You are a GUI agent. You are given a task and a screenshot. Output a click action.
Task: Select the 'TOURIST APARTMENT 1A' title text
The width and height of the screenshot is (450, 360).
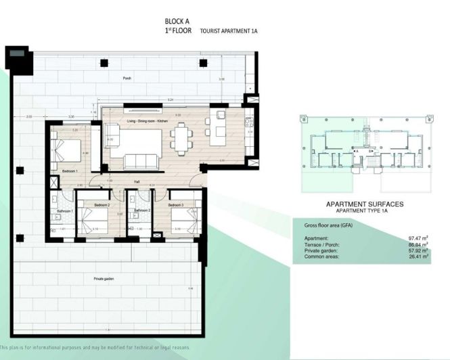pos(229,31)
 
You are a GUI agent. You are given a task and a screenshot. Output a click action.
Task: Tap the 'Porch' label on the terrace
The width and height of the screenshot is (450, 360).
pos(127,78)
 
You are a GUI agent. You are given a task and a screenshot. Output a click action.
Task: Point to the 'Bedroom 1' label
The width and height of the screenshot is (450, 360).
pos(69,172)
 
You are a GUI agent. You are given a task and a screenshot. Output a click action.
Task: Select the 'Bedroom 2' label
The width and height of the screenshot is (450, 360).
pos(102,204)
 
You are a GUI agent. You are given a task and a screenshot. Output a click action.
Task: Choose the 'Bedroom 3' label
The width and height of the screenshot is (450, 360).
pos(177,204)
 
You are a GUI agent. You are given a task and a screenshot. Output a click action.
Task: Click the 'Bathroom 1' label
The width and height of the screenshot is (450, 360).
pos(64,211)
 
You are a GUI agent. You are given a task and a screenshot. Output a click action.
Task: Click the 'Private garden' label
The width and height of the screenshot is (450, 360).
pos(103,278)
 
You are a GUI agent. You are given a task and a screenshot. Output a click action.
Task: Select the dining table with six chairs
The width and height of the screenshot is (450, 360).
pos(181,139)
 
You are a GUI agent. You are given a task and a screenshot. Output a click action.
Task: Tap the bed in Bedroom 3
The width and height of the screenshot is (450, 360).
pos(181,220)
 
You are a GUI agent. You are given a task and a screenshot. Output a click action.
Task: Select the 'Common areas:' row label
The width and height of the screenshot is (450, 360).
pos(321,256)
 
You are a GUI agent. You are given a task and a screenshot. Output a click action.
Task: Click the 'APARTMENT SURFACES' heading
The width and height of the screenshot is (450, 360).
pos(365,204)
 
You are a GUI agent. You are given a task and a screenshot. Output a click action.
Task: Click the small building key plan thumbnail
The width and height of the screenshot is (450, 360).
pos(365,155)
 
